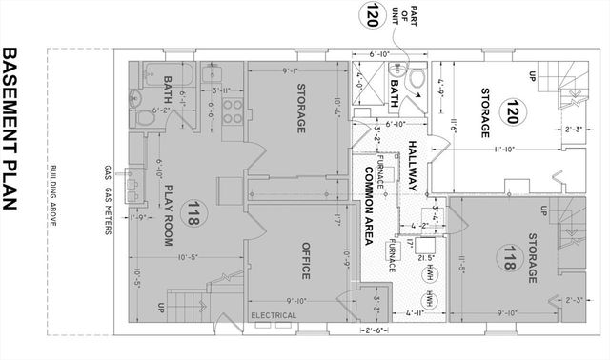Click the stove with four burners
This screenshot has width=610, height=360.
point(229,111)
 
